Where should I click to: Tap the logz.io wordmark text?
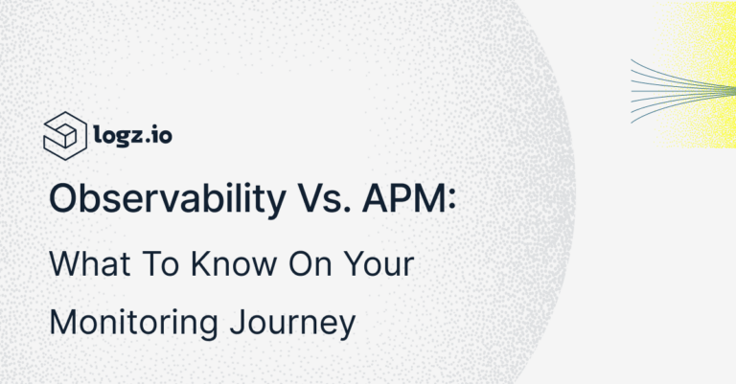[x=135, y=133]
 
